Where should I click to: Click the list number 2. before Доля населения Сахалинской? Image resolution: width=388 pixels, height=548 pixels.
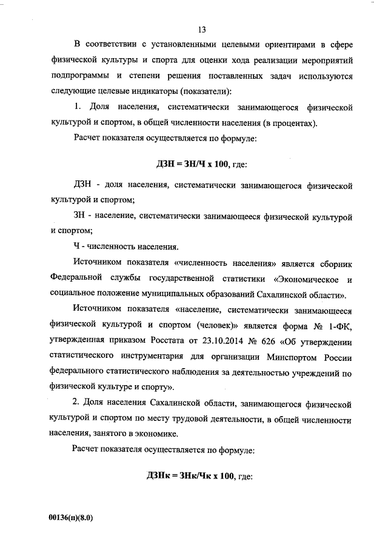coord(77,403)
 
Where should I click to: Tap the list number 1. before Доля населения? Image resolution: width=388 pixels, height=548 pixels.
coord(77,108)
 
